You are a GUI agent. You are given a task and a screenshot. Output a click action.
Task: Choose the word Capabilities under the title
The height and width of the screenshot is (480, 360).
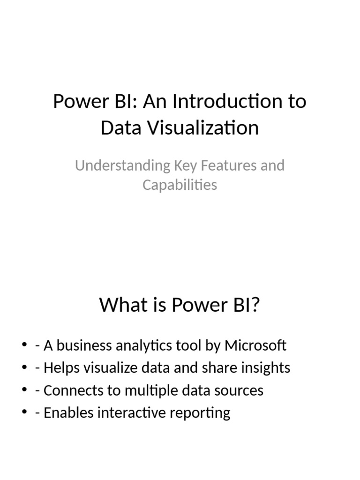click(x=180, y=185)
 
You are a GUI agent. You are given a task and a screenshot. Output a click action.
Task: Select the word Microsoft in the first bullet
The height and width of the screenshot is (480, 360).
click(x=255, y=345)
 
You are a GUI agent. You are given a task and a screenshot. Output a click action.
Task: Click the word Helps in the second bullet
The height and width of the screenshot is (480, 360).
click(x=59, y=368)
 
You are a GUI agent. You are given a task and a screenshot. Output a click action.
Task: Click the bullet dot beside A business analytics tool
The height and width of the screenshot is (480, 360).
click(x=24, y=346)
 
